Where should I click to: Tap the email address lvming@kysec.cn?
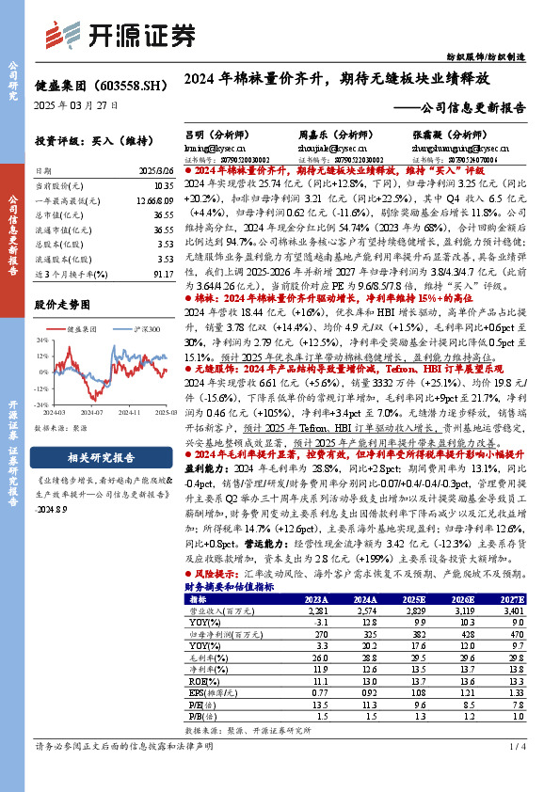215,148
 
